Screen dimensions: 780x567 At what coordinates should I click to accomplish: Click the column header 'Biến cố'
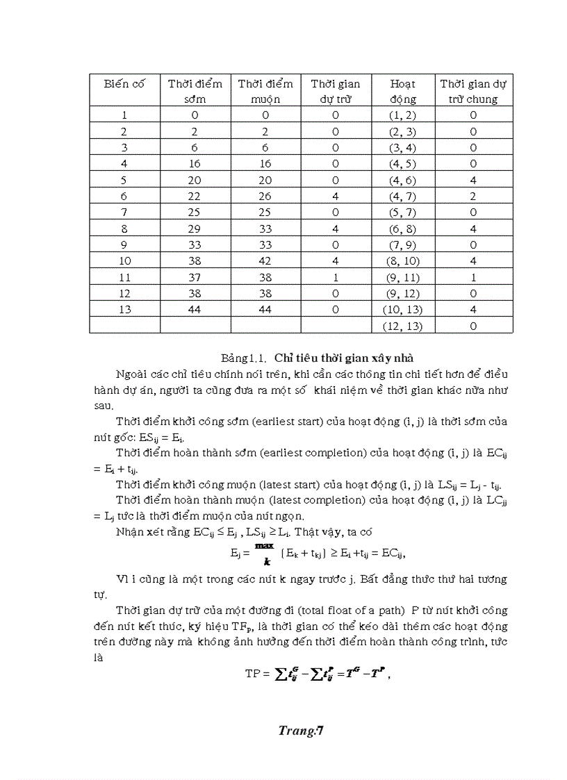[x=124, y=84]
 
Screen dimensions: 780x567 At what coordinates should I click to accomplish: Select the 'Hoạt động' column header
[x=403, y=91]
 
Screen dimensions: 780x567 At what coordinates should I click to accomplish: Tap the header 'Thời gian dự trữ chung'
[x=473, y=91]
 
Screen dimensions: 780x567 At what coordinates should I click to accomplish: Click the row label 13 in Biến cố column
[x=124, y=310]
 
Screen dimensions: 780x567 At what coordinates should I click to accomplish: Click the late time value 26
[x=265, y=197]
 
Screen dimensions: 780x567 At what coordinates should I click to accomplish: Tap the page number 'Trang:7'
[x=302, y=730]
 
